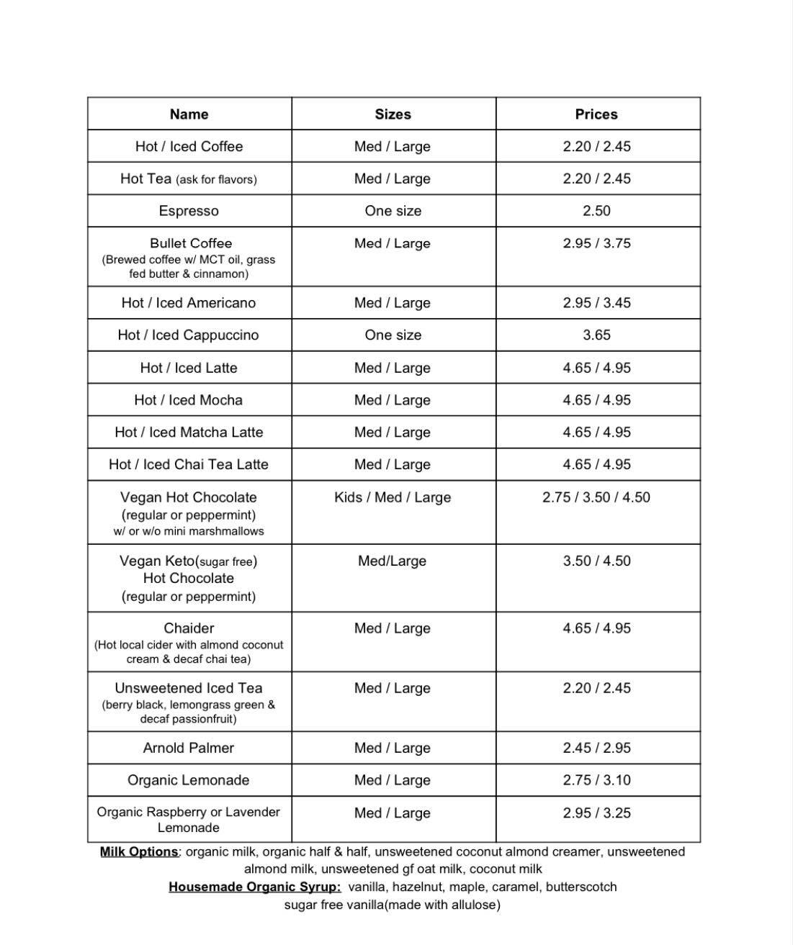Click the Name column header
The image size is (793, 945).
pos(189,114)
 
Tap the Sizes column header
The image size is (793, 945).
pos(393,114)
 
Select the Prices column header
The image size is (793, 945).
pos(596,114)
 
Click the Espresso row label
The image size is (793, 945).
pos(189,211)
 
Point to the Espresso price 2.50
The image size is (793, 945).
pos(596,211)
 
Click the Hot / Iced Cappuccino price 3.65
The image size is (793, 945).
pos(596,335)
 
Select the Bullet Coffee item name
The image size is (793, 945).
pos(191,243)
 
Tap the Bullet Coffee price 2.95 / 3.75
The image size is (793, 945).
pos(596,243)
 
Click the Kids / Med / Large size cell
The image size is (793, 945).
pos(393,497)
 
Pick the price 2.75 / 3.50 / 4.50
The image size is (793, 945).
pos(596,497)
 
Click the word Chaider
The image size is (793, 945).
pos(189,628)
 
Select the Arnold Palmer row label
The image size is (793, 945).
pos(189,748)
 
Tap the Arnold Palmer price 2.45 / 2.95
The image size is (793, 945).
pos(596,748)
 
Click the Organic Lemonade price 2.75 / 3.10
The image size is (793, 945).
pos(596,780)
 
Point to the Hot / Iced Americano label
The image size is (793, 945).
pos(189,303)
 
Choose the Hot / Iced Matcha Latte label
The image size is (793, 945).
pos(189,433)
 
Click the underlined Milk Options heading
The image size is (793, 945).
pos(140,852)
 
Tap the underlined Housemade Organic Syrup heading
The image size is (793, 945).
pos(255,887)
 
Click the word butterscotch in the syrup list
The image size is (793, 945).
pos(581,887)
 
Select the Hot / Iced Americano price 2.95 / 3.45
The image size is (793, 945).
pos(596,303)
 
